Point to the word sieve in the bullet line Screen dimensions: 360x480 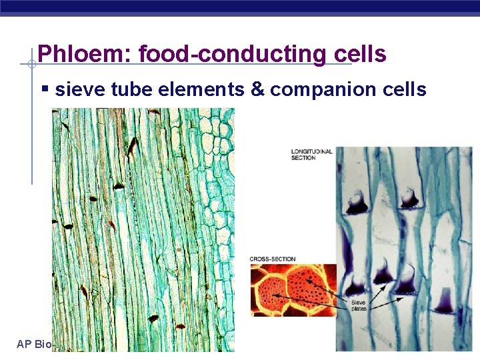tap(75, 89)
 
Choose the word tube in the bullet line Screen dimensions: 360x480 tap(127, 89)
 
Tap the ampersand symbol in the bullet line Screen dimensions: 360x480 tap(257, 89)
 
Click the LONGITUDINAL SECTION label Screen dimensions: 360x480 tap(311, 154)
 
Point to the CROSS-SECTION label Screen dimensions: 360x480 tap(273, 259)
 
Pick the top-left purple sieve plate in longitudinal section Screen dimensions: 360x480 tap(357, 202)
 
